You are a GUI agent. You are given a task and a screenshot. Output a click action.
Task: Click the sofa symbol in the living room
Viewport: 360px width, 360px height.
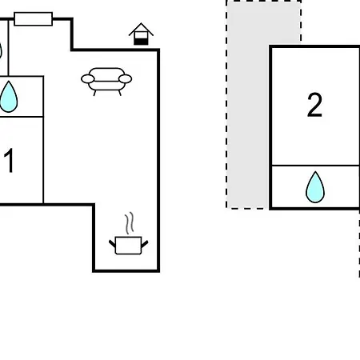click(x=106, y=81)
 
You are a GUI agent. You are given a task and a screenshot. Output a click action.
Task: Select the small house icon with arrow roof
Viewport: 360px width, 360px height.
click(x=141, y=34)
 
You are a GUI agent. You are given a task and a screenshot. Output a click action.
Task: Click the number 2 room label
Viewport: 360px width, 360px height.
click(x=314, y=105)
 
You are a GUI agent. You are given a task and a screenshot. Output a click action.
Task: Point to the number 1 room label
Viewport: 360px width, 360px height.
click(x=9, y=161)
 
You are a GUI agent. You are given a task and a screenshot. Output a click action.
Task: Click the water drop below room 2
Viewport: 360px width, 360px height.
click(x=315, y=187)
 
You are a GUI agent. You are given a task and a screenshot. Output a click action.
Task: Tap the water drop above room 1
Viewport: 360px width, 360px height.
click(x=9, y=97)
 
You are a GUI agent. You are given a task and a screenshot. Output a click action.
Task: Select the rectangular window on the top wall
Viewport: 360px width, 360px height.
click(x=33, y=19)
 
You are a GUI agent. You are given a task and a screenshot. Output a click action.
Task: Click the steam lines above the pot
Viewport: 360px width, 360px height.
click(x=130, y=223)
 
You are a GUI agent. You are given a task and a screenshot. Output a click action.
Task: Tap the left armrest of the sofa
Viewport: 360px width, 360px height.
click(x=88, y=79)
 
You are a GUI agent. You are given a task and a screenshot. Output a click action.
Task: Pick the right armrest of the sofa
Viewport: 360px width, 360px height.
click(x=125, y=79)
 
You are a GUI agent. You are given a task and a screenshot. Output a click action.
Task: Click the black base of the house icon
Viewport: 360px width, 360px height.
click(x=141, y=42)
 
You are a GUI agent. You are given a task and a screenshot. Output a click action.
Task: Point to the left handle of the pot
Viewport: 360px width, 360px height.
click(x=112, y=244)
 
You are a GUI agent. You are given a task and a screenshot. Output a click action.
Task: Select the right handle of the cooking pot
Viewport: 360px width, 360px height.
click(x=145, y=244)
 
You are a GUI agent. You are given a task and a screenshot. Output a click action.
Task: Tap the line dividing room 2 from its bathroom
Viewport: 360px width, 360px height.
click(x=315, y=166)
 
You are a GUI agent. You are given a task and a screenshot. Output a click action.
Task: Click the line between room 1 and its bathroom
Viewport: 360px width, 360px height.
click(x=22, y=117)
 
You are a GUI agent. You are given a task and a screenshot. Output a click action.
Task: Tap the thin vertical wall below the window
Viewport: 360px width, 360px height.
click(x=9, y=48)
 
